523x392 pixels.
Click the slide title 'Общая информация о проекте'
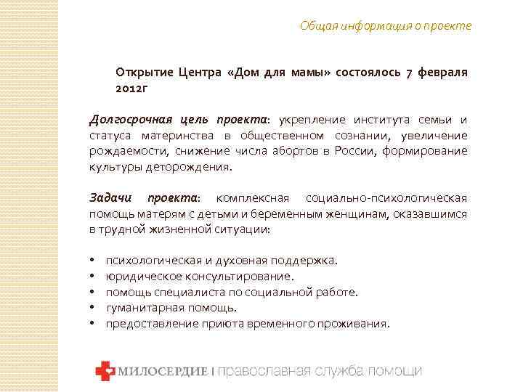(x=386, y=26)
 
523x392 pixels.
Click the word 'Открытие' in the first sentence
(x=139, y=73)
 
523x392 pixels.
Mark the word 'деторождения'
(x=194, y=166)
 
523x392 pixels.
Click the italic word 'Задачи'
(x=109, y=197)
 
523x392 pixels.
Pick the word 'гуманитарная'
(x=142, y=308)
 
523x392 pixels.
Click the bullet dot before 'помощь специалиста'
(x=94, y=292)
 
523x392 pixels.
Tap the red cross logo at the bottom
(x=105, y=371)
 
